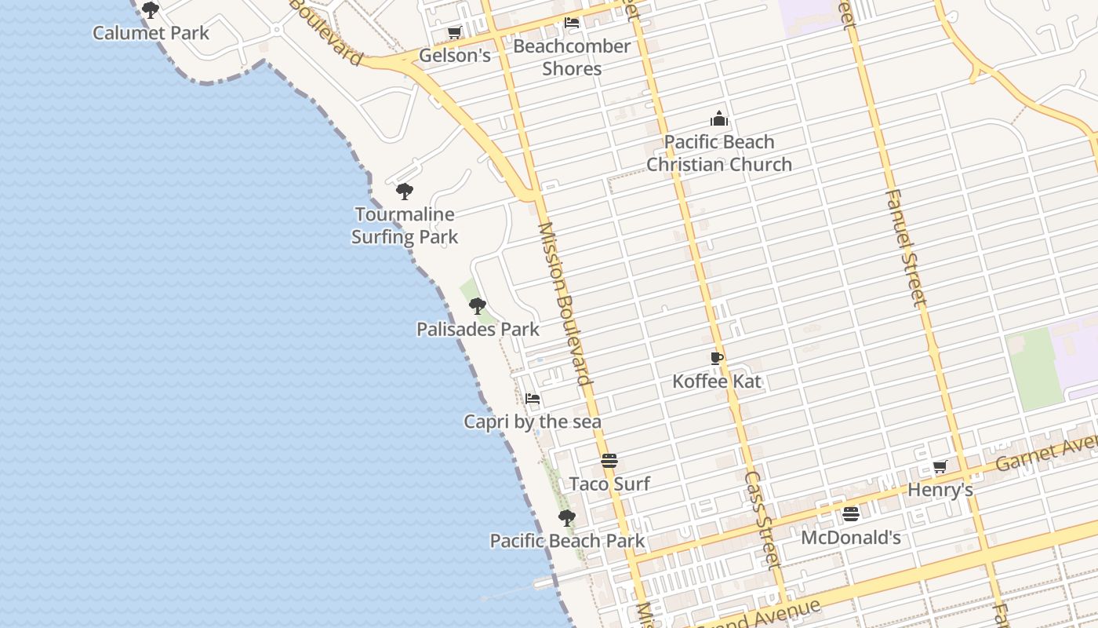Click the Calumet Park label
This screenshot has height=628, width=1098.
pyautogui.click(x=151, y=33)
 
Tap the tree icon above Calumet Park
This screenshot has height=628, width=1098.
pyautogui.click(x=151, y=10)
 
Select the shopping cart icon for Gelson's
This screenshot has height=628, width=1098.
pyautogui.click(x=454, y=32)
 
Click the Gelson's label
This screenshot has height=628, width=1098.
pyautogui.click(x=454, y=55)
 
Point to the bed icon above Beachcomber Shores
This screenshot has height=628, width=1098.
pyautogui.click(x=572, y=23)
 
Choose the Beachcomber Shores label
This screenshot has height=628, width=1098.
pyautogui.click(x=572, y=57)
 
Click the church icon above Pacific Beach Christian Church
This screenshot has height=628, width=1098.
pyautogui.click(x=719, y=119)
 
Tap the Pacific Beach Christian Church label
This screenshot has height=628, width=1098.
pyautogui.click(x=719, y=153)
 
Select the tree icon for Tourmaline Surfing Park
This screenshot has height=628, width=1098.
pyautogui.click(x=405, y=192)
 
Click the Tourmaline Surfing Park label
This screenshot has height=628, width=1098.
pyautogui.click(x=405, y=225)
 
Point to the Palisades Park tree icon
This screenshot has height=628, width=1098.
pyautogui.click(x=477, y=306)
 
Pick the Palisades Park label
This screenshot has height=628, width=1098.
pyautogui.click(x=478, y=329)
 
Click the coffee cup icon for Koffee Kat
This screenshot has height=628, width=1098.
pyautogui.click(x=717, y=359)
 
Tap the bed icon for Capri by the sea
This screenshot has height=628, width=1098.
pyautogui.click(x=533, y=399)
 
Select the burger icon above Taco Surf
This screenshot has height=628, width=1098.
pyautogui.click(x=609, y=461)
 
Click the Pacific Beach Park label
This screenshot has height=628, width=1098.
pyautogui.click(x=567, y=541)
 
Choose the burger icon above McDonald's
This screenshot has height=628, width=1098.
pyautogui.click(x=851, y=515)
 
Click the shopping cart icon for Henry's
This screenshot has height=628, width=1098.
pyautogui.click(x=940, y=467)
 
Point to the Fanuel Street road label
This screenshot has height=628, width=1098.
pyautogui.click(x=907, y=247)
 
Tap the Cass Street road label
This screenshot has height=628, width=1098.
pyautogui.click(x=762, y=520)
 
